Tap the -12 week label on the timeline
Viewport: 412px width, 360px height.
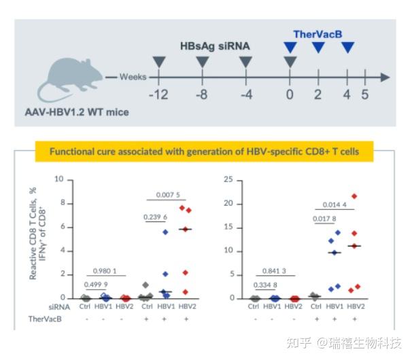click(x=158, y=94)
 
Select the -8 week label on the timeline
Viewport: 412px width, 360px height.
click(x=202, y=94)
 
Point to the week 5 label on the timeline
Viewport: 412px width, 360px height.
click(x=364, y=94)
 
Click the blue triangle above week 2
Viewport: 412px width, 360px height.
click(x=318, y=47)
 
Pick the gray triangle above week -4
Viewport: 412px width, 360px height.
click(x=245, y=62)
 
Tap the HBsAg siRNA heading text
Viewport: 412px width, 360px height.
click(x=215, y=47)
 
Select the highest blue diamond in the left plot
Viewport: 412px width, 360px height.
click(x=165, y=232)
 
